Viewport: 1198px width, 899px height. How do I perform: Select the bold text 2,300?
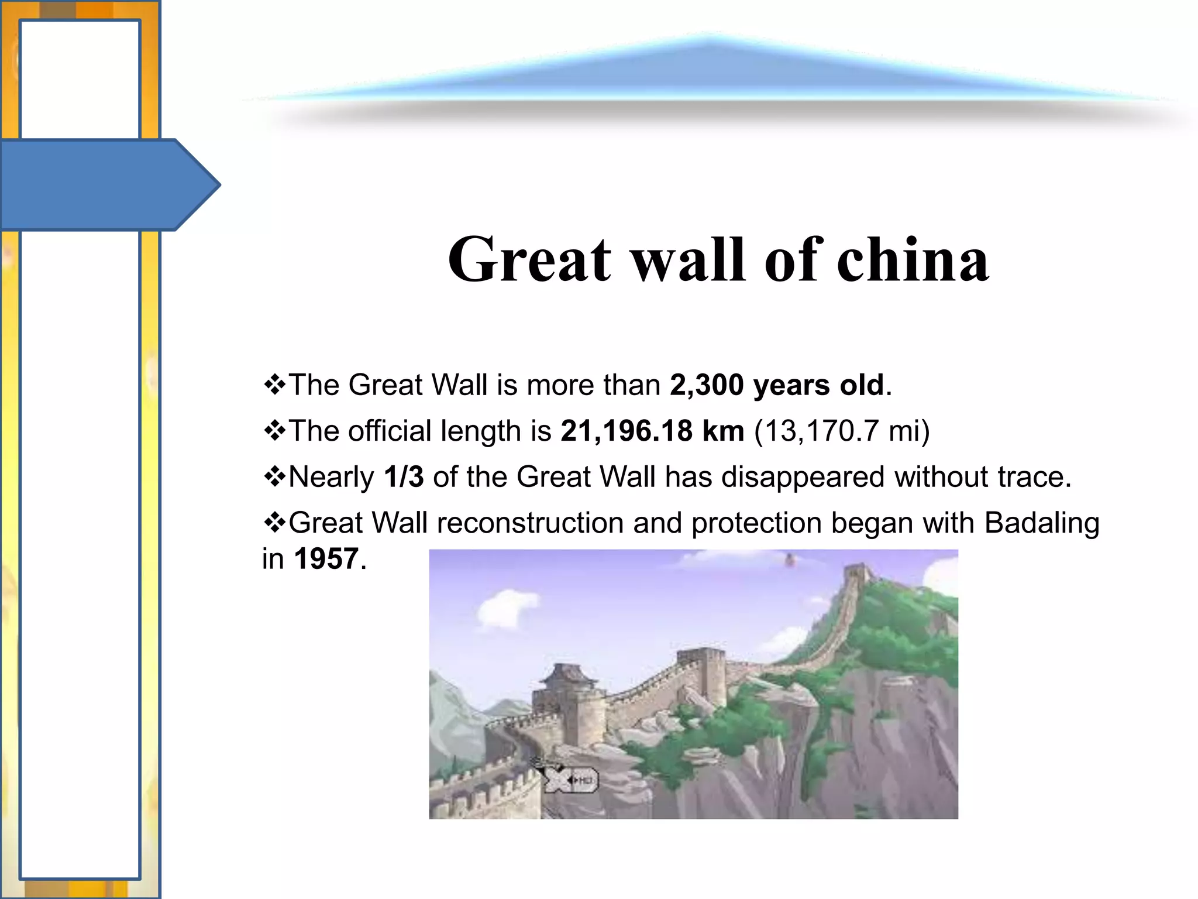coord(707,385)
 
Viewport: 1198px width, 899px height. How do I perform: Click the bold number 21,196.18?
coord(626,431)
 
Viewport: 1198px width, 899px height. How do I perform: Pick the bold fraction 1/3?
coord(404,476)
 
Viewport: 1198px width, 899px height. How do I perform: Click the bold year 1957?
coord(326,558)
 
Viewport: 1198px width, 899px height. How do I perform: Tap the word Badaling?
coord(1041,523)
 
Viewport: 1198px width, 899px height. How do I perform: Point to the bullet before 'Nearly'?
coord(274,477)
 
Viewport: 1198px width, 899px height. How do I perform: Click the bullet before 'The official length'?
coord(274,431)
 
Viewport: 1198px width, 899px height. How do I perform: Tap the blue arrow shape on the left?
coord(105,185)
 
